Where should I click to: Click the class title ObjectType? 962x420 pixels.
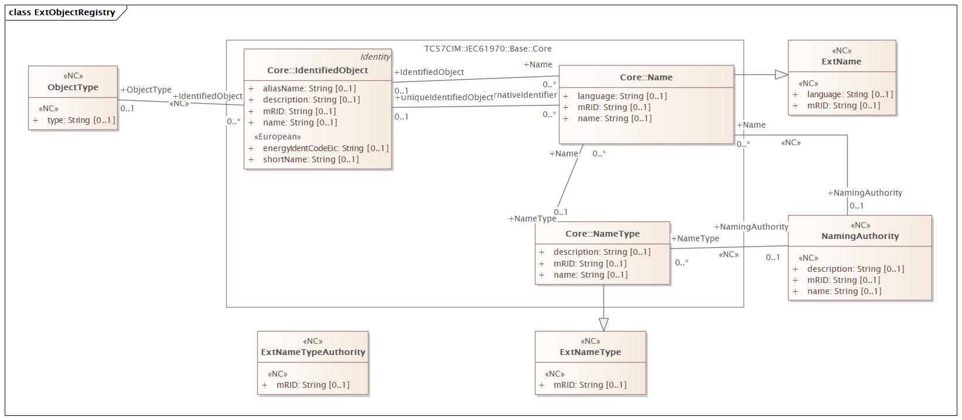click(73, 87)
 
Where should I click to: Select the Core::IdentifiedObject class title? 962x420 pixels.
click(318, 70)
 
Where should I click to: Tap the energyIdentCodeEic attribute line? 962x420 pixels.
click(325, 148)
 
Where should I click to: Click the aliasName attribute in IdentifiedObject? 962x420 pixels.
click(309, 88)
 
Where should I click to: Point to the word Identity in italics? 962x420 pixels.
click(375, 57)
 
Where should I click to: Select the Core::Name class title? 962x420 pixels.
click(646, 77)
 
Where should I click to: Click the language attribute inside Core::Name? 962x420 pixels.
click(622, 96)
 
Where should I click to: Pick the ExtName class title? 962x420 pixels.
click(841, 62)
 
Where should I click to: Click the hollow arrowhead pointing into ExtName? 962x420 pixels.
click(782, 74)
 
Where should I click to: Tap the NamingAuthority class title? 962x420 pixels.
click(859, 236)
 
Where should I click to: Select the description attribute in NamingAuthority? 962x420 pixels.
click(855, 269)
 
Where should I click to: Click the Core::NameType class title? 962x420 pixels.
click(602, 234)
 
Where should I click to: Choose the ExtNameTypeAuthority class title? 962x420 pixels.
click(313, 352)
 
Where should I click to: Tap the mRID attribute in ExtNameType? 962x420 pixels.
click(589, 385)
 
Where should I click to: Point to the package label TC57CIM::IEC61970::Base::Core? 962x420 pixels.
click(487, 49)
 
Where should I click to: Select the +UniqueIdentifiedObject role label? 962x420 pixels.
click(444, 97)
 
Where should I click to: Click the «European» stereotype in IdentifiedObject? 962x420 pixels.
click(277, 136)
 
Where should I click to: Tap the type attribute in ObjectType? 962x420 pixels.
click(81, 120)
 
